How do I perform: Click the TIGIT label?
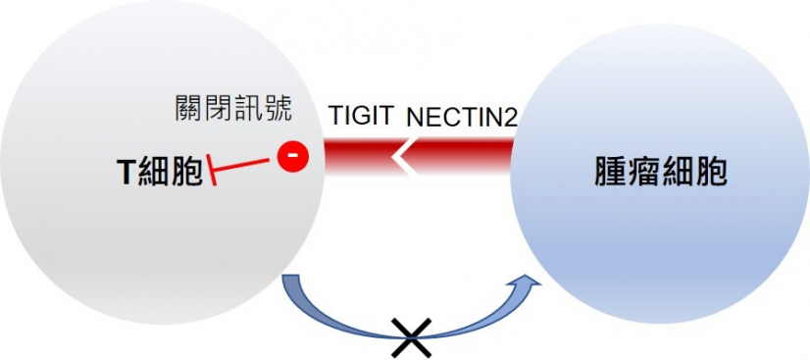pyautogui.click(x=359, y=117)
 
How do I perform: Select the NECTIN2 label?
pyautogui.click(x=461, y=117)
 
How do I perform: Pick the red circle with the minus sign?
pyautogui.click(x=290, y=156)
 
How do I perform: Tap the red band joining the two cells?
pyautogui.click(x=451, y=156)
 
